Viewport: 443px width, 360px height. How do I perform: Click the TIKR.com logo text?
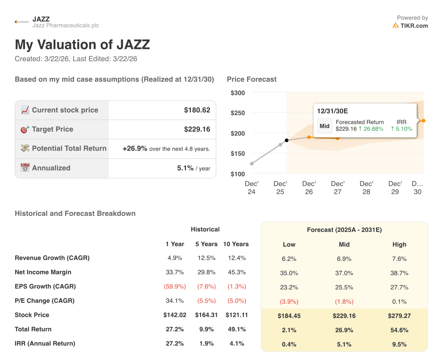tap(414, 26)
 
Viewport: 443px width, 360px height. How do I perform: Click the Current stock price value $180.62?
tap(197, 110)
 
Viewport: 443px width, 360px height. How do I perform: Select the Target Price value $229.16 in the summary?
tap(197, 129)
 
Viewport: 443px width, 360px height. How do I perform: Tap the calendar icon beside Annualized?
tap(25, 168)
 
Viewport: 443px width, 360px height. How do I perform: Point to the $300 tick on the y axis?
tap(238, 93)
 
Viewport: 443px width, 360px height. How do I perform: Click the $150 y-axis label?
tap(238, 154)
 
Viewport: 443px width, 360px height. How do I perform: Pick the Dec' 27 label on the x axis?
tap(337, 187)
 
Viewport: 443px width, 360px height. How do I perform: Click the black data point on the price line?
tap(286, 140)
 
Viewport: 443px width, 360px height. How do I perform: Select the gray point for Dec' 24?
tap(252, 164)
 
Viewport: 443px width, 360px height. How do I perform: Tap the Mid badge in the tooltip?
tap(324, 126)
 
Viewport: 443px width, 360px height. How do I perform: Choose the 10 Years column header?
tap(236, 244)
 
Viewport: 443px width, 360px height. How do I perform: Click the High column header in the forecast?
tap(399, 244)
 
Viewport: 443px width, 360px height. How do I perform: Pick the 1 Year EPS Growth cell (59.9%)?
tap(175, 286)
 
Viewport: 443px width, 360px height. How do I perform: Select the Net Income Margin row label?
tap(43, 272)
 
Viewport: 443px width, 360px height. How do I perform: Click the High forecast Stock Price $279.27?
tap(399, 316)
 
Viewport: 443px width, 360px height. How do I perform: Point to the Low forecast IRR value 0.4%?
tap(289, 344)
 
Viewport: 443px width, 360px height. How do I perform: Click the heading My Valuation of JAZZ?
tap(82, 45)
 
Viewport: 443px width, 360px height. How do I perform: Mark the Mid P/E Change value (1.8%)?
tap(344, 302)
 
